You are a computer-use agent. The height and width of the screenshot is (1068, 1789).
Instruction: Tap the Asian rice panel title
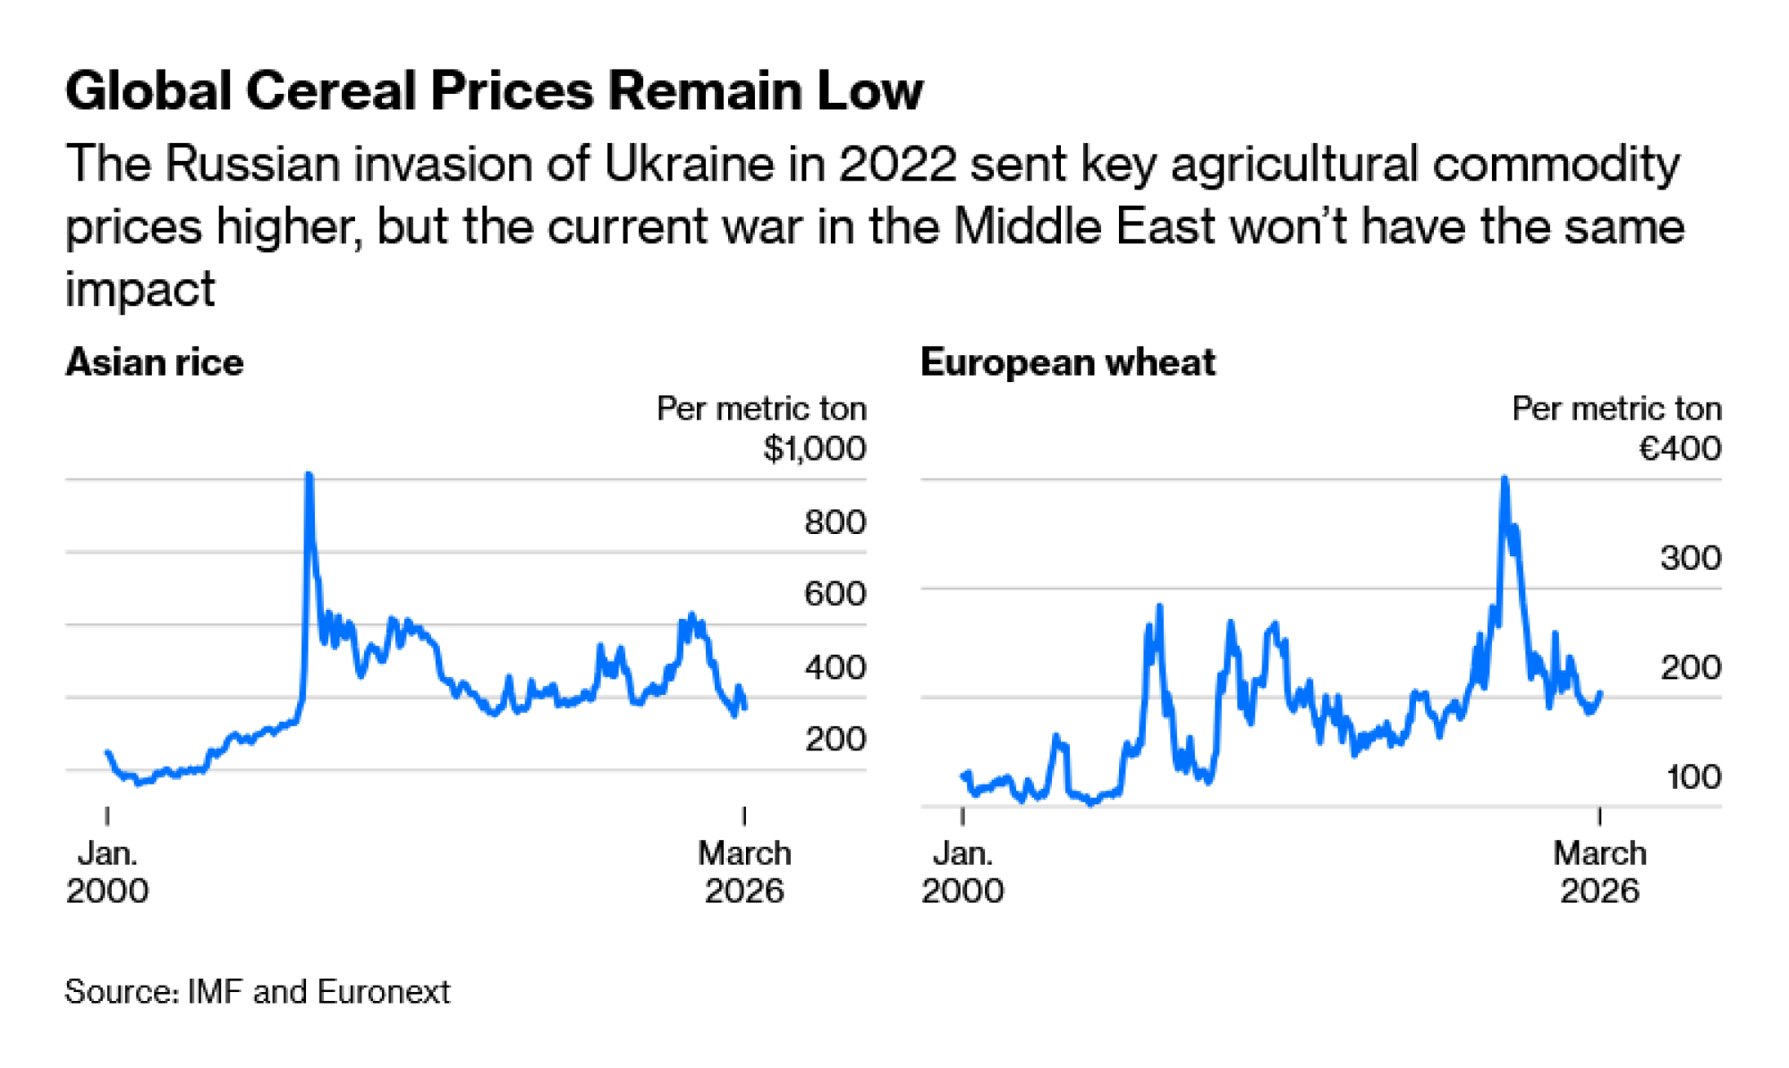[154, 362]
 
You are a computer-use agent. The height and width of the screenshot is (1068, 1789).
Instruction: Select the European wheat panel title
[1067, 362]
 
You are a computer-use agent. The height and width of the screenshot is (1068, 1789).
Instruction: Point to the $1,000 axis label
[814, 448]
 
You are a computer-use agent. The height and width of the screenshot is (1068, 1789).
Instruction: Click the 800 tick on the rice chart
[835, 521]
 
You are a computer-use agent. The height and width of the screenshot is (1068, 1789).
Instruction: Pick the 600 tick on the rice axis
[835, 594]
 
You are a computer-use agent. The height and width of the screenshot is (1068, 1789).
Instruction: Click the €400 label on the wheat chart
[1679, 448]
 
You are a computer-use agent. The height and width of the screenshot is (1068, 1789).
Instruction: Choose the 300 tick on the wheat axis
[1690, 558]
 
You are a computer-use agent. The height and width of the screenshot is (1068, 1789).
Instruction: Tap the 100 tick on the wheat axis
[1692, 776]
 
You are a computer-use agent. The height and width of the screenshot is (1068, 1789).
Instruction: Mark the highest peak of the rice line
[309, 474]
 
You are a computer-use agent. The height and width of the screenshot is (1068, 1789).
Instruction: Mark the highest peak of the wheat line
[1505, 479]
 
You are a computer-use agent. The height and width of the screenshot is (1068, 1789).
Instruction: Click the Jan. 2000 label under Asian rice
[107, 872]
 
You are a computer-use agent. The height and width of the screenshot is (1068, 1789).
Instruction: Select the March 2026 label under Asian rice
[744, 872]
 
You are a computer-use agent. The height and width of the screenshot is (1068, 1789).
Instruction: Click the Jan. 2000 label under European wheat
[962, 872]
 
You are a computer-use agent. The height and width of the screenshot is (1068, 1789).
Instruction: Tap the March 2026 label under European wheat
[1599, 872]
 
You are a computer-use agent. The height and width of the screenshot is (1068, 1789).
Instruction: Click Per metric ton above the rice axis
[761, 409]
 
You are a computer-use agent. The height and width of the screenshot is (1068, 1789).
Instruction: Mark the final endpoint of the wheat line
[1599, 692]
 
